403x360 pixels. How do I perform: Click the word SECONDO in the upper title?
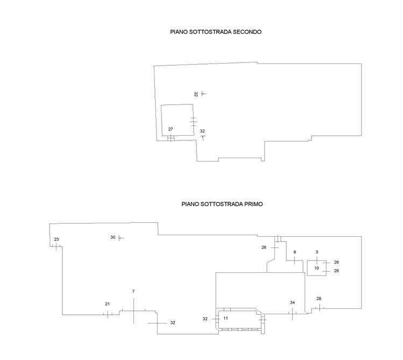pos(247,32)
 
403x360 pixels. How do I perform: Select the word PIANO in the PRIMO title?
pos(190,204)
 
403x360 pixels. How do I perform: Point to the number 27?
pos(171,129)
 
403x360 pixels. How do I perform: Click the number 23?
pos(56,239)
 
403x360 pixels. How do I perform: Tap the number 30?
pos(113,237)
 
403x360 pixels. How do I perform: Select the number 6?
pos(295,252)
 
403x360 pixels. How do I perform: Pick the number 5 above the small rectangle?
pos(317,252)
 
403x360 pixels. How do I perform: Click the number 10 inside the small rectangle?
pos(316,268)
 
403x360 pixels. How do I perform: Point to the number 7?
pos(133,292)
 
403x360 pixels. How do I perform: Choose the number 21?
pos(108,304)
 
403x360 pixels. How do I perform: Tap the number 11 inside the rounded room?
pos(225,318)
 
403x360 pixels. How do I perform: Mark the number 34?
pos(293,302)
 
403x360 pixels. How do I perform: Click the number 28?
pos(319,298)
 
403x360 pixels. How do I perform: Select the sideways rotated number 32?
pos(196,94)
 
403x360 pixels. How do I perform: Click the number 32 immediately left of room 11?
pos(205,319)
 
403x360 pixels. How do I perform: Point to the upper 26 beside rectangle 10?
pos(336,262)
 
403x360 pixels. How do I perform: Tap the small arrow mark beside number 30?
pos(121,238)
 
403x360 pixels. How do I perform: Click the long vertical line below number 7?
pos(133,310)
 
